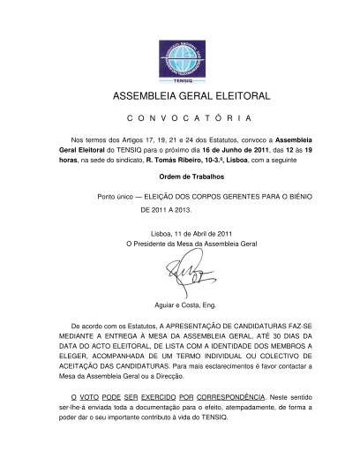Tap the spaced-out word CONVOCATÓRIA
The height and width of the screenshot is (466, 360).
179,118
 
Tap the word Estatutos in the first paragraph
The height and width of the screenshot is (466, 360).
191,139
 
